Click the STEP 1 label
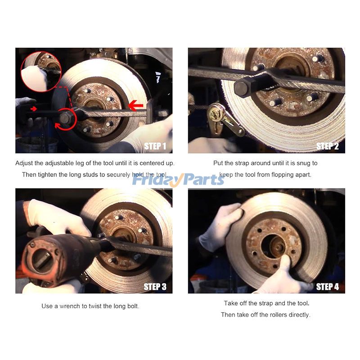click(155, 146)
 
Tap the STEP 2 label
click(328, 146)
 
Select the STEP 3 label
click(155, 286)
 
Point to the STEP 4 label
click(328, 287)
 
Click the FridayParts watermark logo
click(178, 180)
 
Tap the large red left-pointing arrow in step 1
click(135, 106)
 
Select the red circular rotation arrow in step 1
click(65, 118)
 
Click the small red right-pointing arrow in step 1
click(33, 108)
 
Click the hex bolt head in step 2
click(242, 87)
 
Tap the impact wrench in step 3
click(58, 256)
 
